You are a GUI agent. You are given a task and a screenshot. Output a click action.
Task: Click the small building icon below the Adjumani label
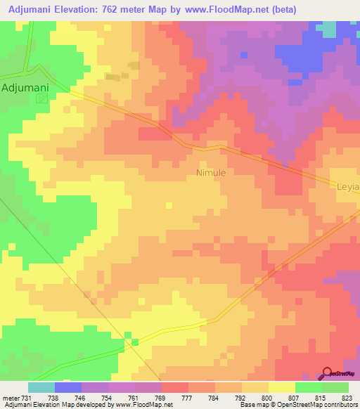click(x=41, y=99)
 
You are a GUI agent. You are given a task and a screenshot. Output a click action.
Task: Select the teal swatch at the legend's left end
click(x=41, y=387)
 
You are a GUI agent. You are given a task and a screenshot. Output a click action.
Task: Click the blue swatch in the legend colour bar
click(x=68, y=387)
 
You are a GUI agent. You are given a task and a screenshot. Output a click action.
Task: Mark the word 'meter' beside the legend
click(x=9, y=397)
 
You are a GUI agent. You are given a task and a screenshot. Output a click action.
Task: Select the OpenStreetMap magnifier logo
click(x=327, y=374)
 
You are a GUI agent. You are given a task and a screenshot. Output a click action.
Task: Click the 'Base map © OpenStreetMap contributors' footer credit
click(x=297, y=405)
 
